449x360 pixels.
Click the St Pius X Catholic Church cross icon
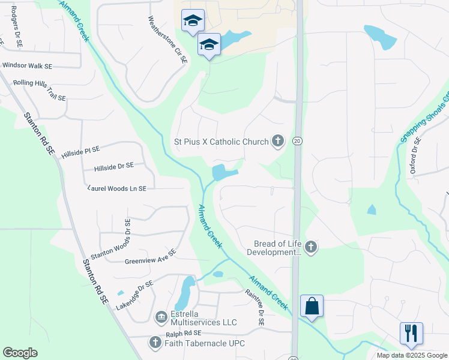[x=277, y=141]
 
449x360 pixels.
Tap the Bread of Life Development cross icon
[x=310, y=247]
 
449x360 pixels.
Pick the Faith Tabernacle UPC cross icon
[x=155, y=343]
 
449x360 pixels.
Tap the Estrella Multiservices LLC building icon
[x=161, y=316]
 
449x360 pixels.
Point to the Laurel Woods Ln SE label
[x=116, y=188]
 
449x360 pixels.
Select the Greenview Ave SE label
[x=150, y=257]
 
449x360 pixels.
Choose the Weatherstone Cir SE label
[x=167, y=40]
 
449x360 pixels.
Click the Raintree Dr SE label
[x=255, y=307]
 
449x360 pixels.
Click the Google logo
[x=20, y=353]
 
